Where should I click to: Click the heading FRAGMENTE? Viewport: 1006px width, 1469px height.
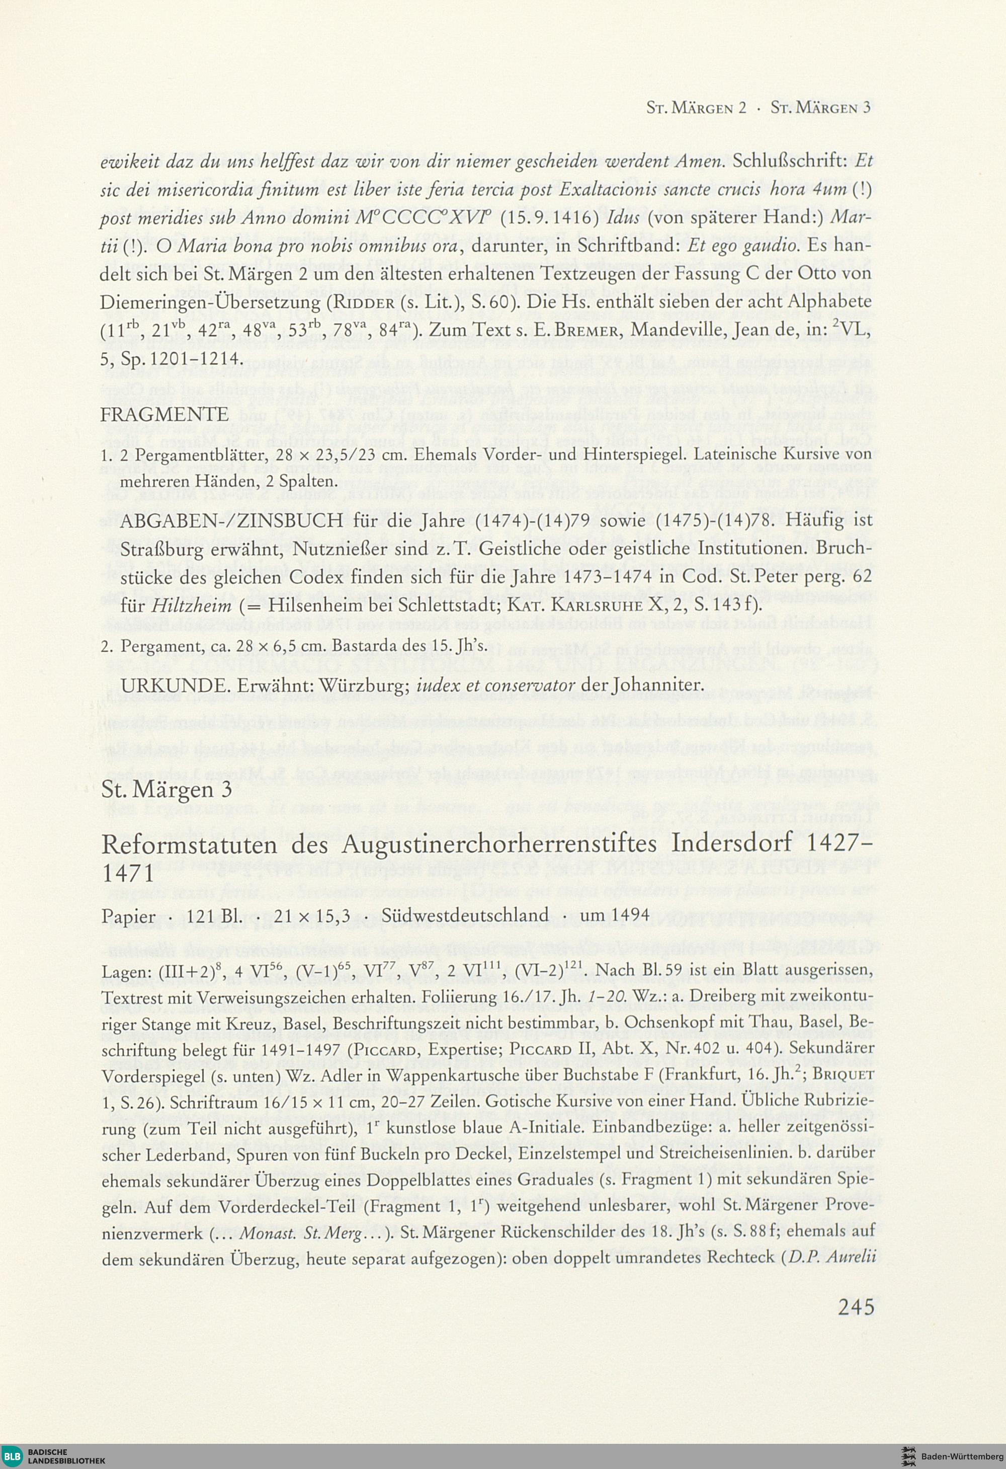(164, 414)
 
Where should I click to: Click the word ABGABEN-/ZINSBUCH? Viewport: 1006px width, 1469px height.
(232, 520)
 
